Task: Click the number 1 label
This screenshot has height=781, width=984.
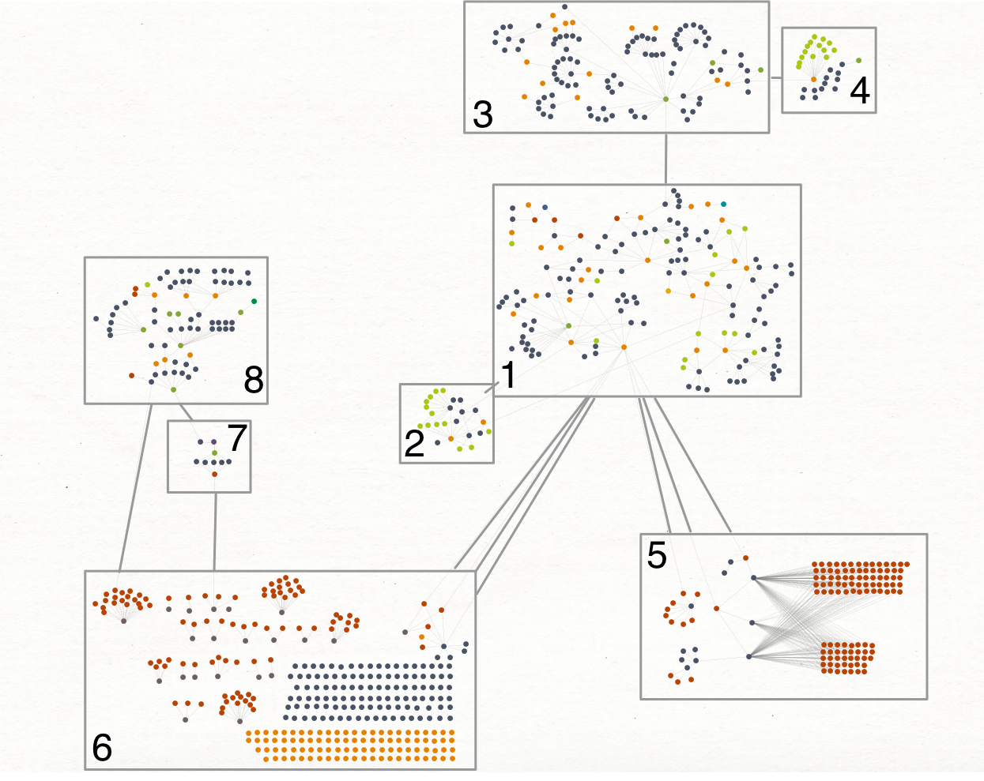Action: tap(508, 376)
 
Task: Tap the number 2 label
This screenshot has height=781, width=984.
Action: tap(414, 445)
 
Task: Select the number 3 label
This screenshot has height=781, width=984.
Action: tap(482, 115)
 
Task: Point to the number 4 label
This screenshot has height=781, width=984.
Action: tap(860, 92)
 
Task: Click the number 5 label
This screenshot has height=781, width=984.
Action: tap(657, 555)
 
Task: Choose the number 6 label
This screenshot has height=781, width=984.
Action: tap(102, 748)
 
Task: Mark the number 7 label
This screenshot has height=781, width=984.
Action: tap(237, 437)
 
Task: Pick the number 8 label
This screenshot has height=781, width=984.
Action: tap(253, 381)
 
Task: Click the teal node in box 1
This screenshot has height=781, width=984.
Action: tap(723, 205)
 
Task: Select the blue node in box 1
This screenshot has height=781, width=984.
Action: tap(545, 208)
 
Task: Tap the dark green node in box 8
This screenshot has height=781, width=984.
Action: tap(254, 301)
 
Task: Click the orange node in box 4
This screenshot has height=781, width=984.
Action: tap(813, 79)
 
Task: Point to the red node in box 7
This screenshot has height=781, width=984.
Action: tap(214, 474)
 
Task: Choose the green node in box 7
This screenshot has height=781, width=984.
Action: tap(214, 452)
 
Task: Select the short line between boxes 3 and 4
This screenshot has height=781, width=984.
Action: tap(775, 77)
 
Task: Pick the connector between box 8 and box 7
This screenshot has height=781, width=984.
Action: tap(185, 412)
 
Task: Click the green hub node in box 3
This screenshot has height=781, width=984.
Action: tap(665, 99)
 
